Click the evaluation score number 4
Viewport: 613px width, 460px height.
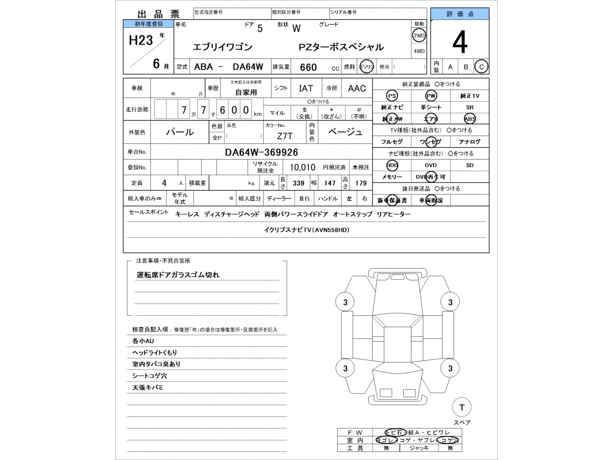pyautogui.click(x=460, y=43)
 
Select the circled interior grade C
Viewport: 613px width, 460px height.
pyautogui.click(x=481, y=67)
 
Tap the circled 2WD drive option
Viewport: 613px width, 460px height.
pyautogui.click(x=419, y=35)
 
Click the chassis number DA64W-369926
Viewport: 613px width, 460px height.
pyautogui.click(x=261, y=152)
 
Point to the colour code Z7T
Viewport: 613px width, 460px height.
pyautogui.click(x=284, y=136)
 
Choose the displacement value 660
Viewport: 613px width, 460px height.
pyautogui.click(x=308, y=67)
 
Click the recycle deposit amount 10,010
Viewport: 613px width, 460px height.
pyautogui.click(x=302, y=167)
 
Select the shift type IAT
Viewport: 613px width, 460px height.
pyautogui.click(x=306, y=88)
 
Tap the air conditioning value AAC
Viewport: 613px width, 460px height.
pyautogui.click(x=357, y=88)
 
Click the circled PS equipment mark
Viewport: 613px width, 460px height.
pyautogui.click(x=392, y=96)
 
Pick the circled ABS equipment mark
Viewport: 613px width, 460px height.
pyautogui.click(x=469, y=119)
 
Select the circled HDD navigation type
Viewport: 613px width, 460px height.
pyautogui.click(x=392, y=165)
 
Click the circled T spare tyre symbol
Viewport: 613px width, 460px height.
pyautogui.click(x=462, y=407)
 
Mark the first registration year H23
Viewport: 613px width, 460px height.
pyautogui.click(x=141, y=40)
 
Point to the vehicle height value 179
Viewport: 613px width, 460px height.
pyautogui.click(x=361, y=183)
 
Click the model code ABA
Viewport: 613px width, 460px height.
pyautogui.click(x=204, y=67)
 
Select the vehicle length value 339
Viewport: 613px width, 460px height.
pyautogui.click(x=298, y=183)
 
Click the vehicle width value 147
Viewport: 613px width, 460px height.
pyautogui.click(x=330, y=183)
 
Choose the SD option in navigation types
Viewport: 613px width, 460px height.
pyautogui.click(x=469, y=165)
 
